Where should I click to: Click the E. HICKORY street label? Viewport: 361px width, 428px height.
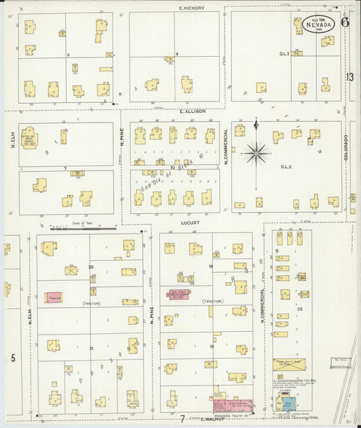(x=192, y=8)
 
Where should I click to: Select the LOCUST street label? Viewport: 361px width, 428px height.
(x=190, y=221)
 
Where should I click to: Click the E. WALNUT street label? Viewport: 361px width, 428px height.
(x=212, y=420)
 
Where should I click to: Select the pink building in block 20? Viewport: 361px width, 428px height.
(x=54, y=297)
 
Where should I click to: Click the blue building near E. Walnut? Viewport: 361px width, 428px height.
(x=288, y=404)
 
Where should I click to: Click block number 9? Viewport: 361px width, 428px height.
(x=177, y=53)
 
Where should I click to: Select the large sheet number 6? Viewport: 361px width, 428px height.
(x=345, y=22)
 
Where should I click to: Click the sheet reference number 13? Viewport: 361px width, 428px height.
(x=349, y=77)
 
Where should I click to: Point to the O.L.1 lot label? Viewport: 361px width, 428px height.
(x=284, y=53)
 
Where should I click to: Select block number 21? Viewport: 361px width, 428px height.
(x=91, y=347)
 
